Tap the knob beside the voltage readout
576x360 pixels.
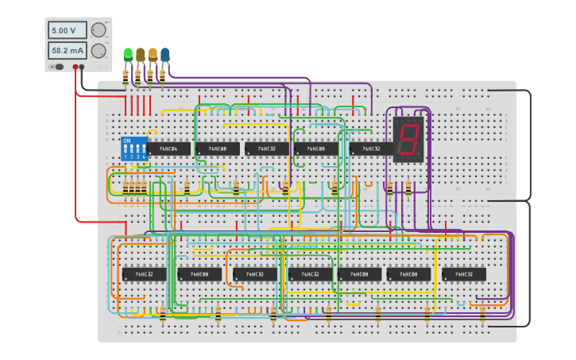click(99, 30)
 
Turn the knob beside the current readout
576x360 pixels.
click(99, 51)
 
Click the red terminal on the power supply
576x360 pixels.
click(75, 68)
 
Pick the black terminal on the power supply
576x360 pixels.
click(82, 68)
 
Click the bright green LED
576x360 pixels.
click(128, 54)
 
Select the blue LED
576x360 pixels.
click(164, 54)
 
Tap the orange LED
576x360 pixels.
click(153, 54)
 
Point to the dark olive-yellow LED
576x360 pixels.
click(141, 54)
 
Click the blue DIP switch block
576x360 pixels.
click(133, 149)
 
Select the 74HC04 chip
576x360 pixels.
click(168, 149)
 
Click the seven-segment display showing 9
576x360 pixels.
click(408, 140)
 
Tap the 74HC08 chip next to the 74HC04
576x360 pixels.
click(217, 149)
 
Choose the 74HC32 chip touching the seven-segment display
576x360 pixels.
click(371, 149)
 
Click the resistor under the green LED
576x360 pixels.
click(126, 76)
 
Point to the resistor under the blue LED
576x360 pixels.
click(162, 76)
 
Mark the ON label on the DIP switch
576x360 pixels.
click(127, 141)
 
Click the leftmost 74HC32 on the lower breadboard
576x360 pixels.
click(144, 274)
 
